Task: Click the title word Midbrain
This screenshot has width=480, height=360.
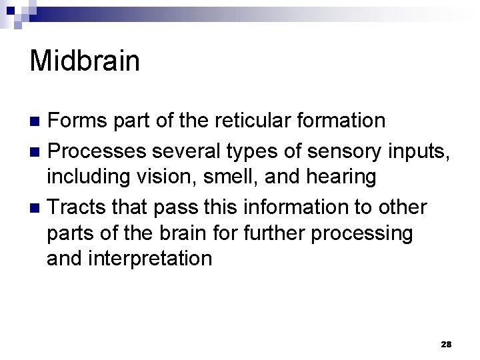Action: tap(85, 61)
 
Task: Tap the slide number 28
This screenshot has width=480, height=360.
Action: tap(447, 344)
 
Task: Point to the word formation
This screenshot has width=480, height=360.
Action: tap(344, 121)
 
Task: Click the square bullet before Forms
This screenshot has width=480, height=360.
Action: tap(37, 121)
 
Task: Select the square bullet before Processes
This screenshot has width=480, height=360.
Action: tap(37, 150)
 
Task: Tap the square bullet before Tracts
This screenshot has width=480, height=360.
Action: tap(37, 207)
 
